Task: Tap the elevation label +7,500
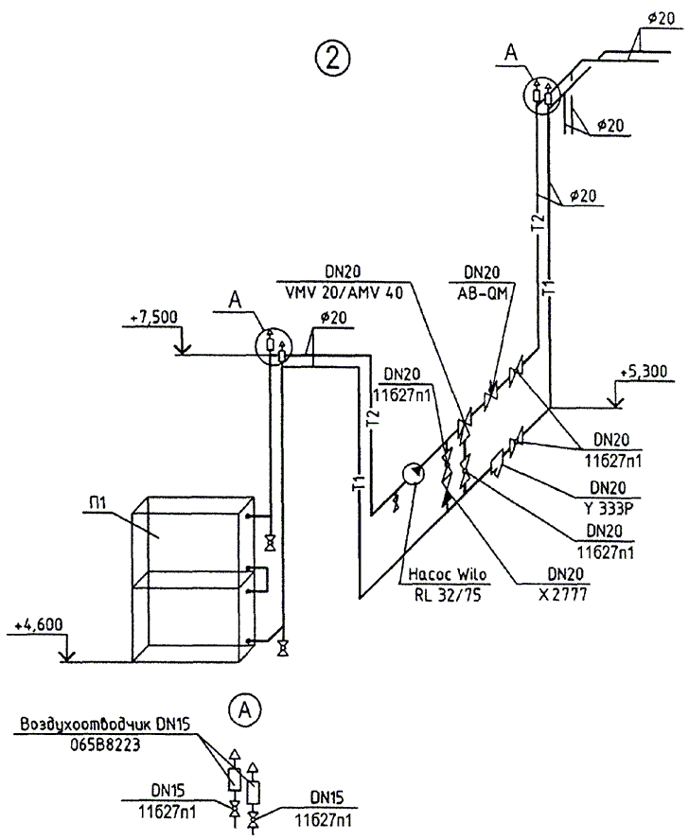click(x=150, y=318)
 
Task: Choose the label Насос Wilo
click(x=440, y=574)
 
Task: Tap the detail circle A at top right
click(x=541, y=94)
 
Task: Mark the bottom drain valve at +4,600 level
click(x=283, y=649)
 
